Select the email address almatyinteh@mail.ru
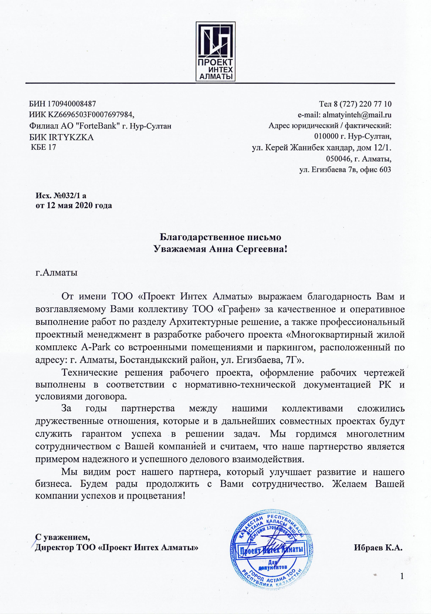point(357,115)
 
